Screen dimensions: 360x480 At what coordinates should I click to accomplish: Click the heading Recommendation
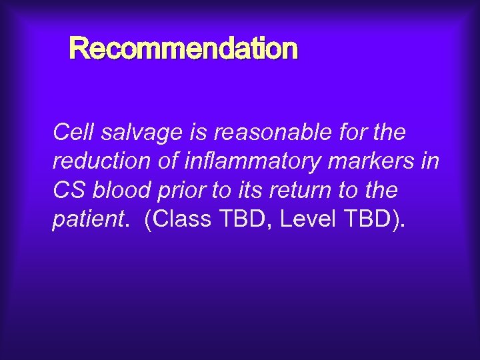(x=183, y=49)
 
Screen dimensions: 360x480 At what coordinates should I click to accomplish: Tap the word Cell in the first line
(x=73, y=133)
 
